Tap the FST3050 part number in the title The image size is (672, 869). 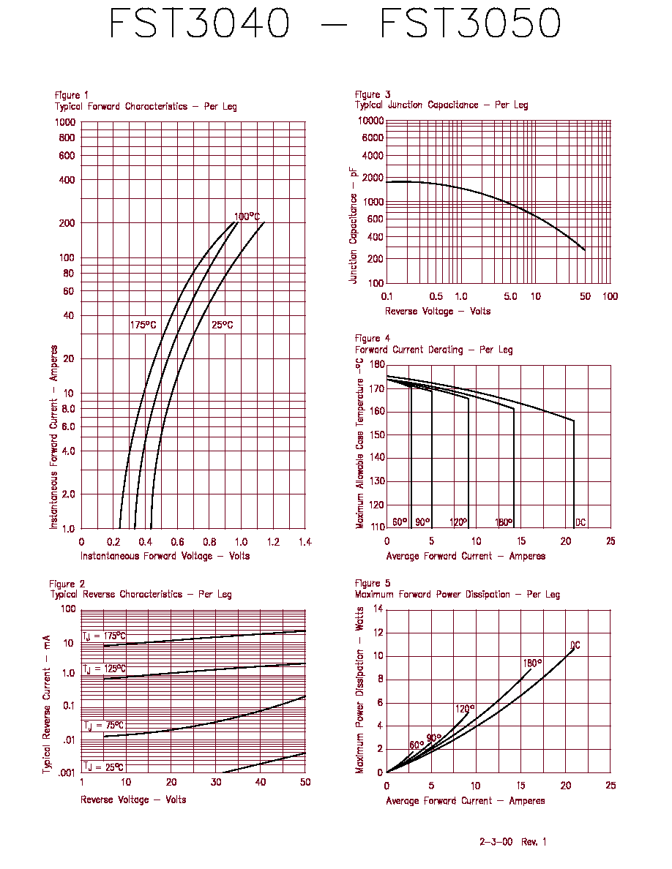[470, 23]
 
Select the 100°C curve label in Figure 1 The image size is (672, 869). [247, 216]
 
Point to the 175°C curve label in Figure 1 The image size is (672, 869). [143, 325]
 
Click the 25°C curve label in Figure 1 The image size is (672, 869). [223, 325]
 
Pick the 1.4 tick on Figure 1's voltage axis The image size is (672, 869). [305, 542]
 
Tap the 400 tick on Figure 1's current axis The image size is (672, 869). [67, 180]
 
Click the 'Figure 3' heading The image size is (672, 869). [373, 94]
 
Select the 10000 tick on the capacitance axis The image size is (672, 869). [370, 121]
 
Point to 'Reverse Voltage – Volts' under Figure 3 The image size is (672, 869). [438, 312]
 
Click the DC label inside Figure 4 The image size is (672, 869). [580, 522]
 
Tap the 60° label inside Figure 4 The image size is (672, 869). [400, 522]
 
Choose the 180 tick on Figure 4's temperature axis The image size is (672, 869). [377, 365]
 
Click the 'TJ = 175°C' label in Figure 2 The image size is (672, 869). [104, 636]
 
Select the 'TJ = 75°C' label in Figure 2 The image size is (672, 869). [104, 726]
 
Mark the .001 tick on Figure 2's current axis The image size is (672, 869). [67, 772]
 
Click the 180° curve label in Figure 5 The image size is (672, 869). [532, 663]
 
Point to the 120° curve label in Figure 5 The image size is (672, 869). [465, 709]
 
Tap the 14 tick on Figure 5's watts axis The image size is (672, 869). [378, 609]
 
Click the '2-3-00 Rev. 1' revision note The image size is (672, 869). [513, 842]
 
